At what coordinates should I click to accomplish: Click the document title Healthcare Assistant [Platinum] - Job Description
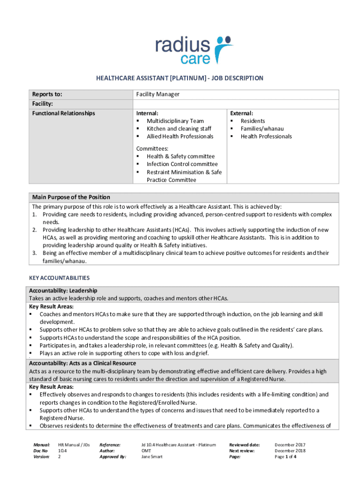[180, 78]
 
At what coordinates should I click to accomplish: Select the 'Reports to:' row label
[47, 94]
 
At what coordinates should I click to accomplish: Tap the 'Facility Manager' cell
[158, 94]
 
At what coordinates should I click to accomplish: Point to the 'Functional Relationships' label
[63, 113]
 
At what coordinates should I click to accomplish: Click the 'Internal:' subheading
[147, 113]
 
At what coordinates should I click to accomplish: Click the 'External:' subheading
[241, 113]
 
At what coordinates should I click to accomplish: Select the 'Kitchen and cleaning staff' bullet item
[179, 129]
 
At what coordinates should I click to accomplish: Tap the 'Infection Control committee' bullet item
[182, 164]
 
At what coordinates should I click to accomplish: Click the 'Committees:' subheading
[152, 148]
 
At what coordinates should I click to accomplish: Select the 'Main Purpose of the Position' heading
[71, 197]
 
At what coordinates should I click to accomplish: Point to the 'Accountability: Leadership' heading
[63, 290]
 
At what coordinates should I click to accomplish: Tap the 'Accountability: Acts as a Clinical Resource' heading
[82, 363]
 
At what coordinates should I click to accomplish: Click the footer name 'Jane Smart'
[152, 457]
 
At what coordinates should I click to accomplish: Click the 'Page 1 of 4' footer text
[285, 457]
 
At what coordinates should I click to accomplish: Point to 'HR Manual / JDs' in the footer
[74, 444]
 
